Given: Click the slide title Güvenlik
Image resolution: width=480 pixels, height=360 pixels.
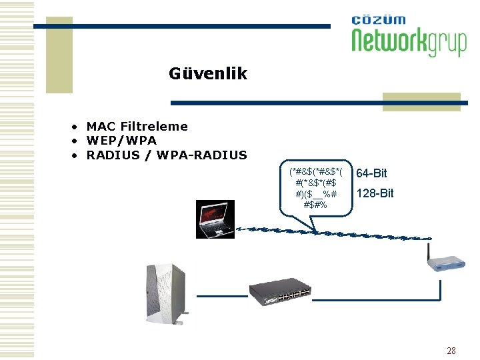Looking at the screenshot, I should point(208,73).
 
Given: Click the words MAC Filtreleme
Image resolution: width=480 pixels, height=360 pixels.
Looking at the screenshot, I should point(137,126).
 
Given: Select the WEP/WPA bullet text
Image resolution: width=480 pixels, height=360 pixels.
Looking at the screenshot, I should point(121,141).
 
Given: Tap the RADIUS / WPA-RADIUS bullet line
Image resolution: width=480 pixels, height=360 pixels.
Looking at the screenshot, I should point(167,155).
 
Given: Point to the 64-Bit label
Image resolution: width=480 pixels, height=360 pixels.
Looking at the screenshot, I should point(371,173).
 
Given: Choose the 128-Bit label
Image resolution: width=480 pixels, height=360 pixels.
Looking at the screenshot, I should point(375,193).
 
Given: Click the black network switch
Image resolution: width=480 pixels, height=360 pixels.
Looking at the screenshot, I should point(281,291).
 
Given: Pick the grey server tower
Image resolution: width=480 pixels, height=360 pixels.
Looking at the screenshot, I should point(166,294).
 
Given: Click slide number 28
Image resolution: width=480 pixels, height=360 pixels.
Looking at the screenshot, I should point(451,351).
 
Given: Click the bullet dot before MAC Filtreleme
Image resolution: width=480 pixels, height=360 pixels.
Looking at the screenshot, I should point(77,127).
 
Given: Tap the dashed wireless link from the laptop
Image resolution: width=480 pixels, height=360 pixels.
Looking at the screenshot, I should point(333,233).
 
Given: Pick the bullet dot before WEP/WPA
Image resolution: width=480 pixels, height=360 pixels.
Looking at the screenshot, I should point(77,141).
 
